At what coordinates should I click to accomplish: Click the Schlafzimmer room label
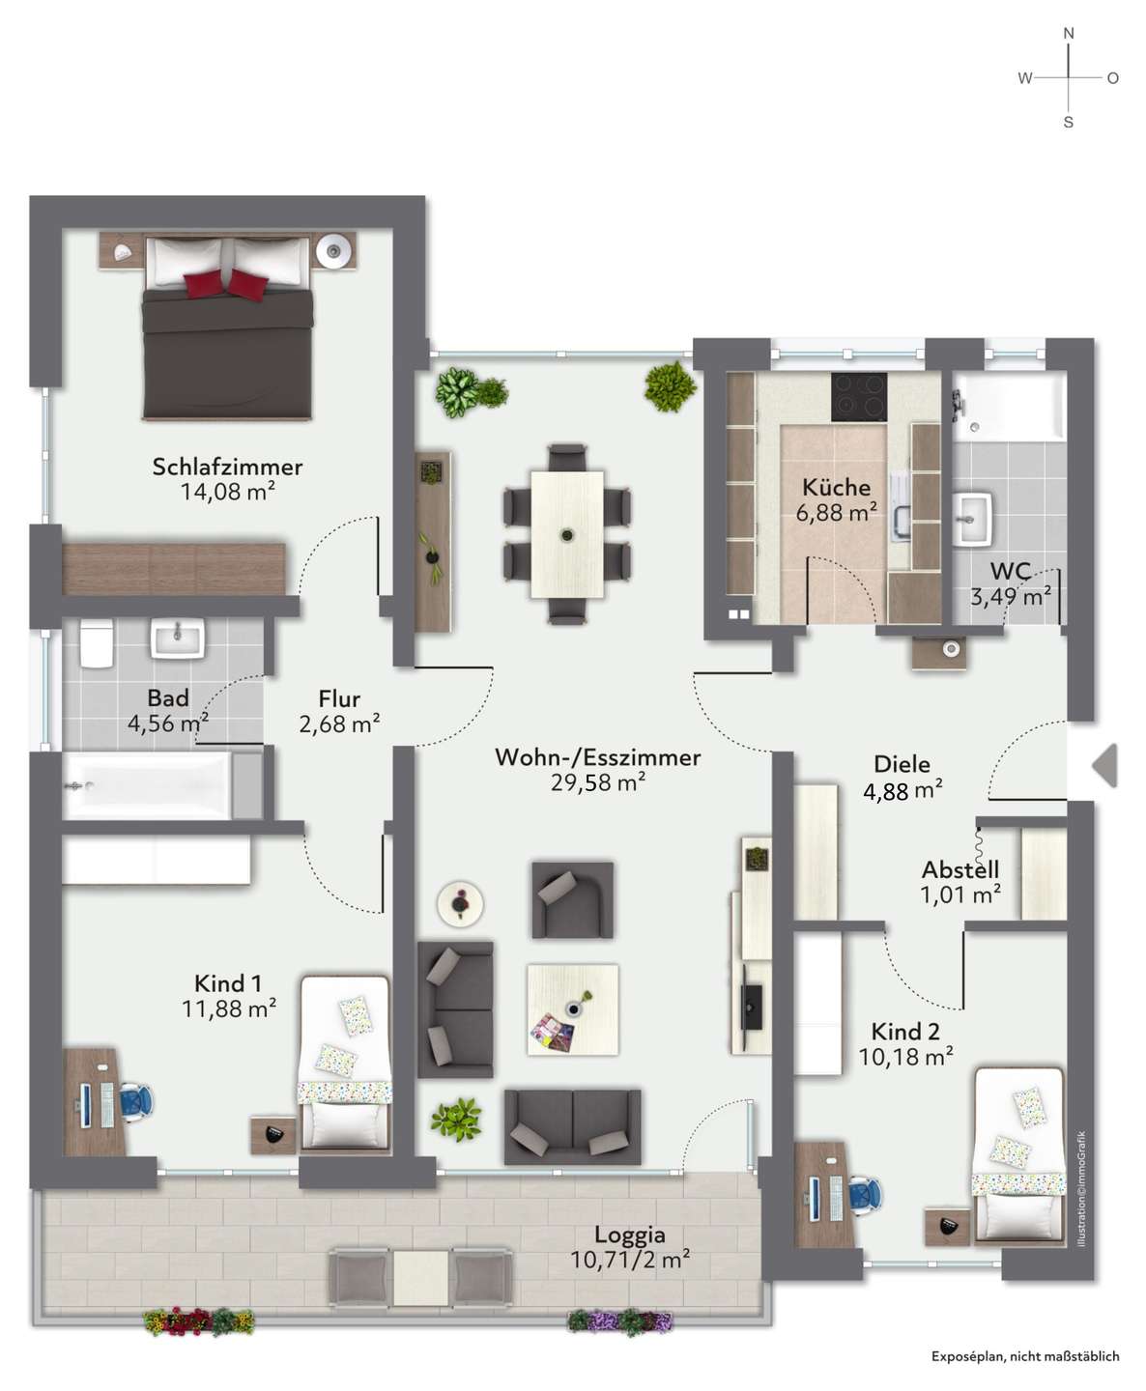[227, 467]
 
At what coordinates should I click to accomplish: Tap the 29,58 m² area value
[598, 782]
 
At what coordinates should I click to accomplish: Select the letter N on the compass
[1069, 33]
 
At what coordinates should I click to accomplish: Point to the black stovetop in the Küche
[859, 397]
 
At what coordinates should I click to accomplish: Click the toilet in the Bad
[97, 643]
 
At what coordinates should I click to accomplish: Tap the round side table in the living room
[460, 903]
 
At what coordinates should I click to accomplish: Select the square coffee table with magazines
[572, 1010]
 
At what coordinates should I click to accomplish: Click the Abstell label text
[960, 869]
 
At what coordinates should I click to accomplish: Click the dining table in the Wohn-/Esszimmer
[567, 534]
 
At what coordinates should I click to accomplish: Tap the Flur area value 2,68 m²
[339, 724]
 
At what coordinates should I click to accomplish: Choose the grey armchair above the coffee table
[572, 900]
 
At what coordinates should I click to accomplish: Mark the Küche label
[836, 487]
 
